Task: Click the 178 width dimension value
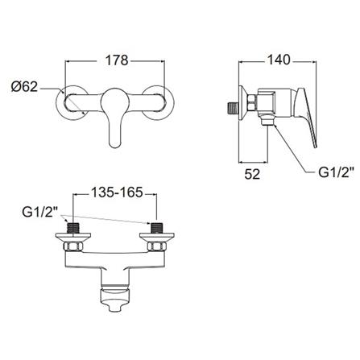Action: tap(117, 60)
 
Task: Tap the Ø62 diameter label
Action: tap(24, 87)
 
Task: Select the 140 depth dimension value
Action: tap(278, 60)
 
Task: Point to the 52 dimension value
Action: tap(252, 175)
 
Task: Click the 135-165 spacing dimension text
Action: tap(117, 192)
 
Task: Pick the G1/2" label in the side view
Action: tap(335, 172)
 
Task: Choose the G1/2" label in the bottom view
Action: tap(40, 212)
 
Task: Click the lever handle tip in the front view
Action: tap(115, 143)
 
